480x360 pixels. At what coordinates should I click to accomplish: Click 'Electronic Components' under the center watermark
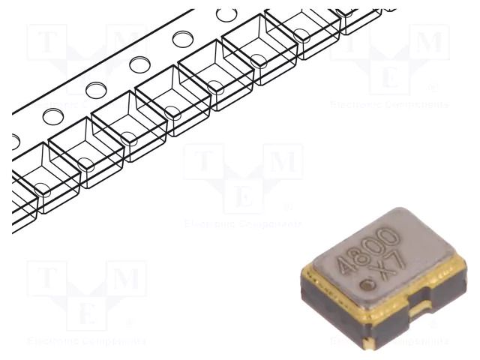coord(243,223)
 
